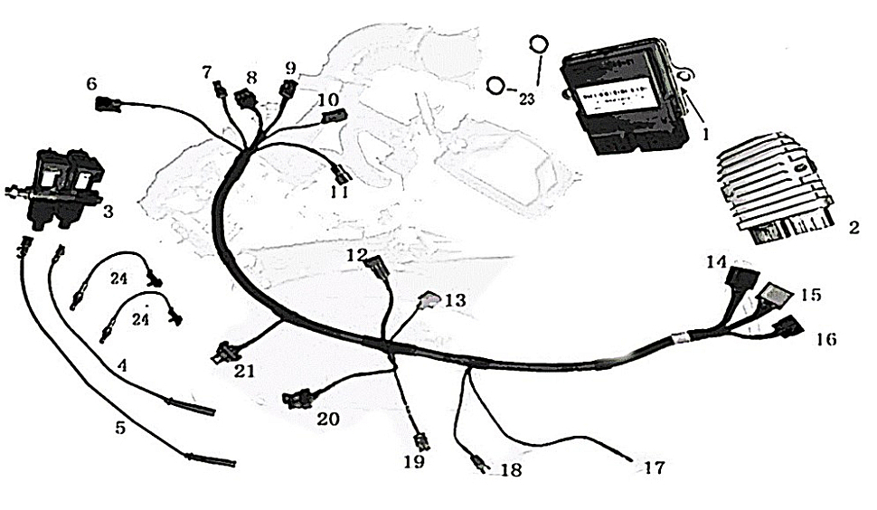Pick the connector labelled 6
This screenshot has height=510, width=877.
(x=108, y=104)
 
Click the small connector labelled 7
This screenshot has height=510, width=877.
(x=218, y=90)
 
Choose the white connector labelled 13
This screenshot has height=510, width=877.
(x=429, y=298)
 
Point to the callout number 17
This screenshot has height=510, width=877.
(x=654, y=468)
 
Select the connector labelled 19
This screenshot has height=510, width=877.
(x=420, y=442)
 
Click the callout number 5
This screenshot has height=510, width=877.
(x=120, y=427)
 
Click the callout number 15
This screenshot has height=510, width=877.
(x=811, y=295)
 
